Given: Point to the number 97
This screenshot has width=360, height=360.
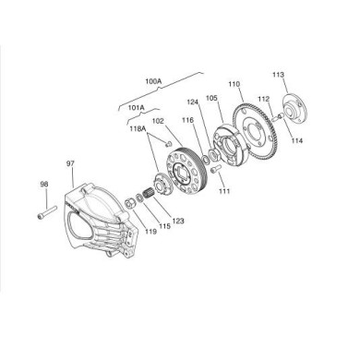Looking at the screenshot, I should (70, 162).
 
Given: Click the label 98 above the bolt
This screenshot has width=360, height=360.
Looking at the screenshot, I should (43, 184).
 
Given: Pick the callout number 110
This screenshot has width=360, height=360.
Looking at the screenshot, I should (234, 82).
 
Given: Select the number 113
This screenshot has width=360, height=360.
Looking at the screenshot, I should (279, 75).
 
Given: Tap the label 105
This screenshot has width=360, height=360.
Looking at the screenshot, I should (211, 98).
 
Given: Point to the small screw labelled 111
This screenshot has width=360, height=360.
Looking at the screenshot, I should (214, 170).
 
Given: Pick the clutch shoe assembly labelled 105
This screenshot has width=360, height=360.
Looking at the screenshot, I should (223, 138).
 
